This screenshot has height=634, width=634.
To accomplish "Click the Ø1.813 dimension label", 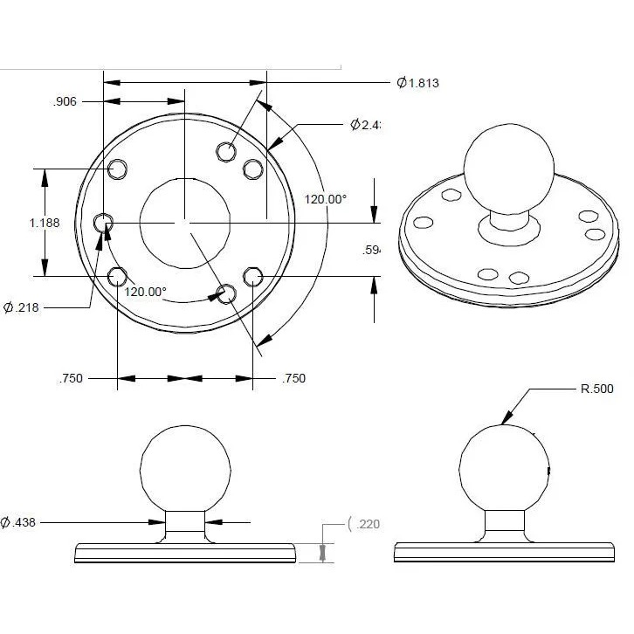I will pos(417,83).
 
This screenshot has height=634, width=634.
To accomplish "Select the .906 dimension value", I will pos(65,101).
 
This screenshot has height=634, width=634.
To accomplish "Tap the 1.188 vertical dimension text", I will pos(45,223).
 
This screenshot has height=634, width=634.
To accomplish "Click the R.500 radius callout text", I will pos(598,389).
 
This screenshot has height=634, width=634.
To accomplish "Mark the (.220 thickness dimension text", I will pos(363,524).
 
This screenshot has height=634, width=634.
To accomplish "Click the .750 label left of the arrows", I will pos(71,378).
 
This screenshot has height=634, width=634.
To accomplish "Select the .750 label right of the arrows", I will pos(293,378).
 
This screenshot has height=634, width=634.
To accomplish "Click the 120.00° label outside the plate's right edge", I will pos(325,199).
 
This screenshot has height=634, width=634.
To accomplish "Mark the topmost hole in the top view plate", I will pos(226,151).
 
